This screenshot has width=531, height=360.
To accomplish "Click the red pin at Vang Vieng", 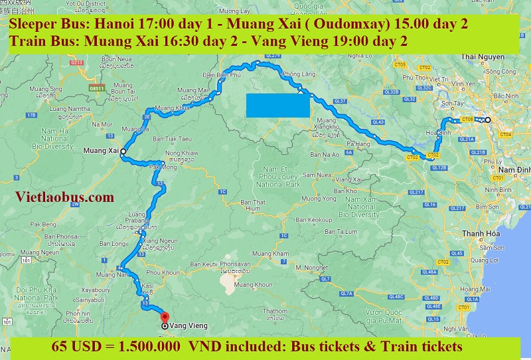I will tap(165, 317).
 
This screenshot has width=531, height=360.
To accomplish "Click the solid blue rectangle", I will tap(277, 106).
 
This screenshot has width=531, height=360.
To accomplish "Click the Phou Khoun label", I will tap(163, 272).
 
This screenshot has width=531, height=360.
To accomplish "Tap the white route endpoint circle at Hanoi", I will tap(487, 120).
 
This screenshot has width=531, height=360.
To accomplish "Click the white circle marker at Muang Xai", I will tap(123, 151).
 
